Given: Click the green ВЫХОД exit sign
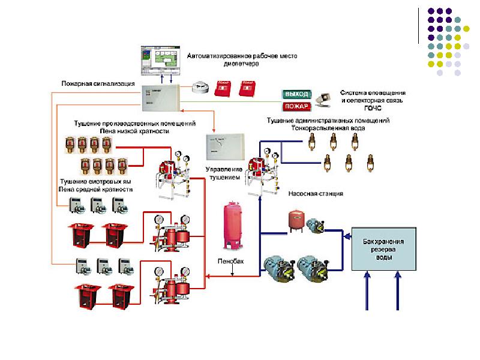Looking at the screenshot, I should (296, 94).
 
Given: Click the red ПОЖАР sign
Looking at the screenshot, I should (296, 107).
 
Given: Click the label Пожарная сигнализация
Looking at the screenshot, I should (98, 83).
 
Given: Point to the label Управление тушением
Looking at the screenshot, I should (223, 174).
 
